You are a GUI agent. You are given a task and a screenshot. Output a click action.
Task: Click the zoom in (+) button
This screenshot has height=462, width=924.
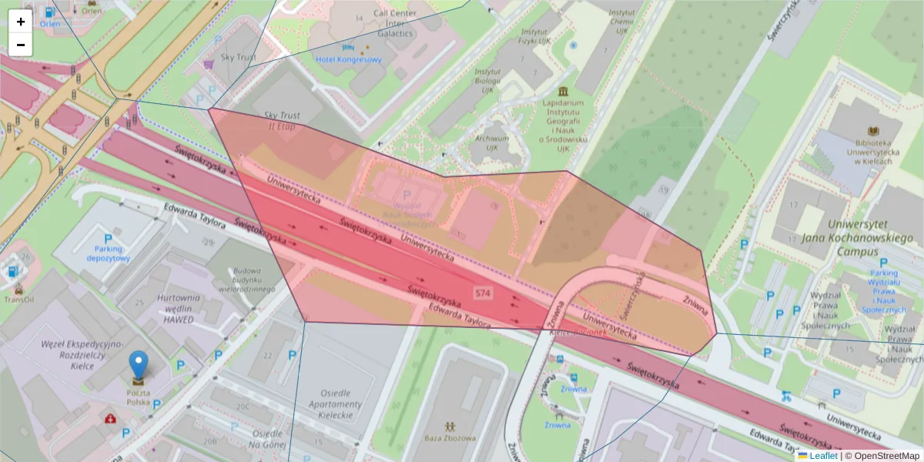[21, 22]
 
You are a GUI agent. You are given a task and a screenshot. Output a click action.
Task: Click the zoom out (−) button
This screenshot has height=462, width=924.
[21, 45]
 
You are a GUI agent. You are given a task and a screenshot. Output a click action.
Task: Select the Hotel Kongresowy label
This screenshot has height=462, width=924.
[348, 59]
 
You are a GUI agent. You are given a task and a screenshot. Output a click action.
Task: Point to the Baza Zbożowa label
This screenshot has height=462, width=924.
[449, 438]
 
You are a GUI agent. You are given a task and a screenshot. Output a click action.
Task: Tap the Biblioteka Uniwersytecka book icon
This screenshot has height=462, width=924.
[873, 132]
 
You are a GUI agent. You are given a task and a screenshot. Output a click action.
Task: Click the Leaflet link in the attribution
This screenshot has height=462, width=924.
[822, 456]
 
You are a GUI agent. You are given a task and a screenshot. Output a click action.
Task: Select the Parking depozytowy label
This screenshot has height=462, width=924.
[108, 254]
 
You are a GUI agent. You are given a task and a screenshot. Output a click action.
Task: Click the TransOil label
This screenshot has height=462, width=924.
[18, 300]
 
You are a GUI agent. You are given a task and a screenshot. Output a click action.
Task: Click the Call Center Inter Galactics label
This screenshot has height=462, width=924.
[395, 23]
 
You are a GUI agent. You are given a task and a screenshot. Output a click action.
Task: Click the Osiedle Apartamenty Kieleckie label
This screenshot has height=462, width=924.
[335, 404]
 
